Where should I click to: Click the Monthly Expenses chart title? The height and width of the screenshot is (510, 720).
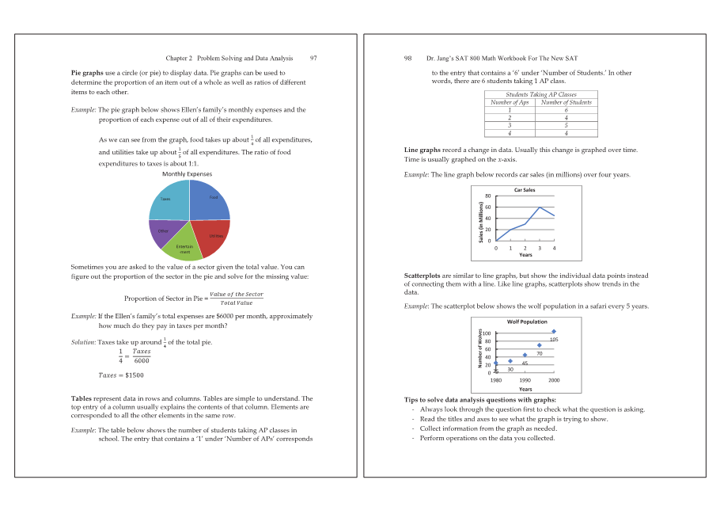coord(187,173)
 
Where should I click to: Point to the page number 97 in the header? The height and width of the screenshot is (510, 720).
coord(313,58)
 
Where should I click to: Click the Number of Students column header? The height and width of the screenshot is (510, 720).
coord(566,102)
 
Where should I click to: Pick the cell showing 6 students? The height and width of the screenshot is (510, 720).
coord(566,110)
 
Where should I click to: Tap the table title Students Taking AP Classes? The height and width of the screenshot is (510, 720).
coord(540,94)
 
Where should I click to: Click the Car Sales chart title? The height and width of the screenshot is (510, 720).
coord(525,190)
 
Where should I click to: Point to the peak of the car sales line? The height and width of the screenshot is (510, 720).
coord(540,207)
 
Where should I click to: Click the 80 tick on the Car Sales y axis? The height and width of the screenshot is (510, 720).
coord(488,196)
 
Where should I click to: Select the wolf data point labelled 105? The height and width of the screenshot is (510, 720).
coord(554,331)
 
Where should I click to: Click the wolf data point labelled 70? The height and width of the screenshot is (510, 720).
coord(540,345)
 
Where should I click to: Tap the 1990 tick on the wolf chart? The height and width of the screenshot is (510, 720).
coord(525,380)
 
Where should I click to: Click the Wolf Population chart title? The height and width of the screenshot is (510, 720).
coord(527,322)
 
